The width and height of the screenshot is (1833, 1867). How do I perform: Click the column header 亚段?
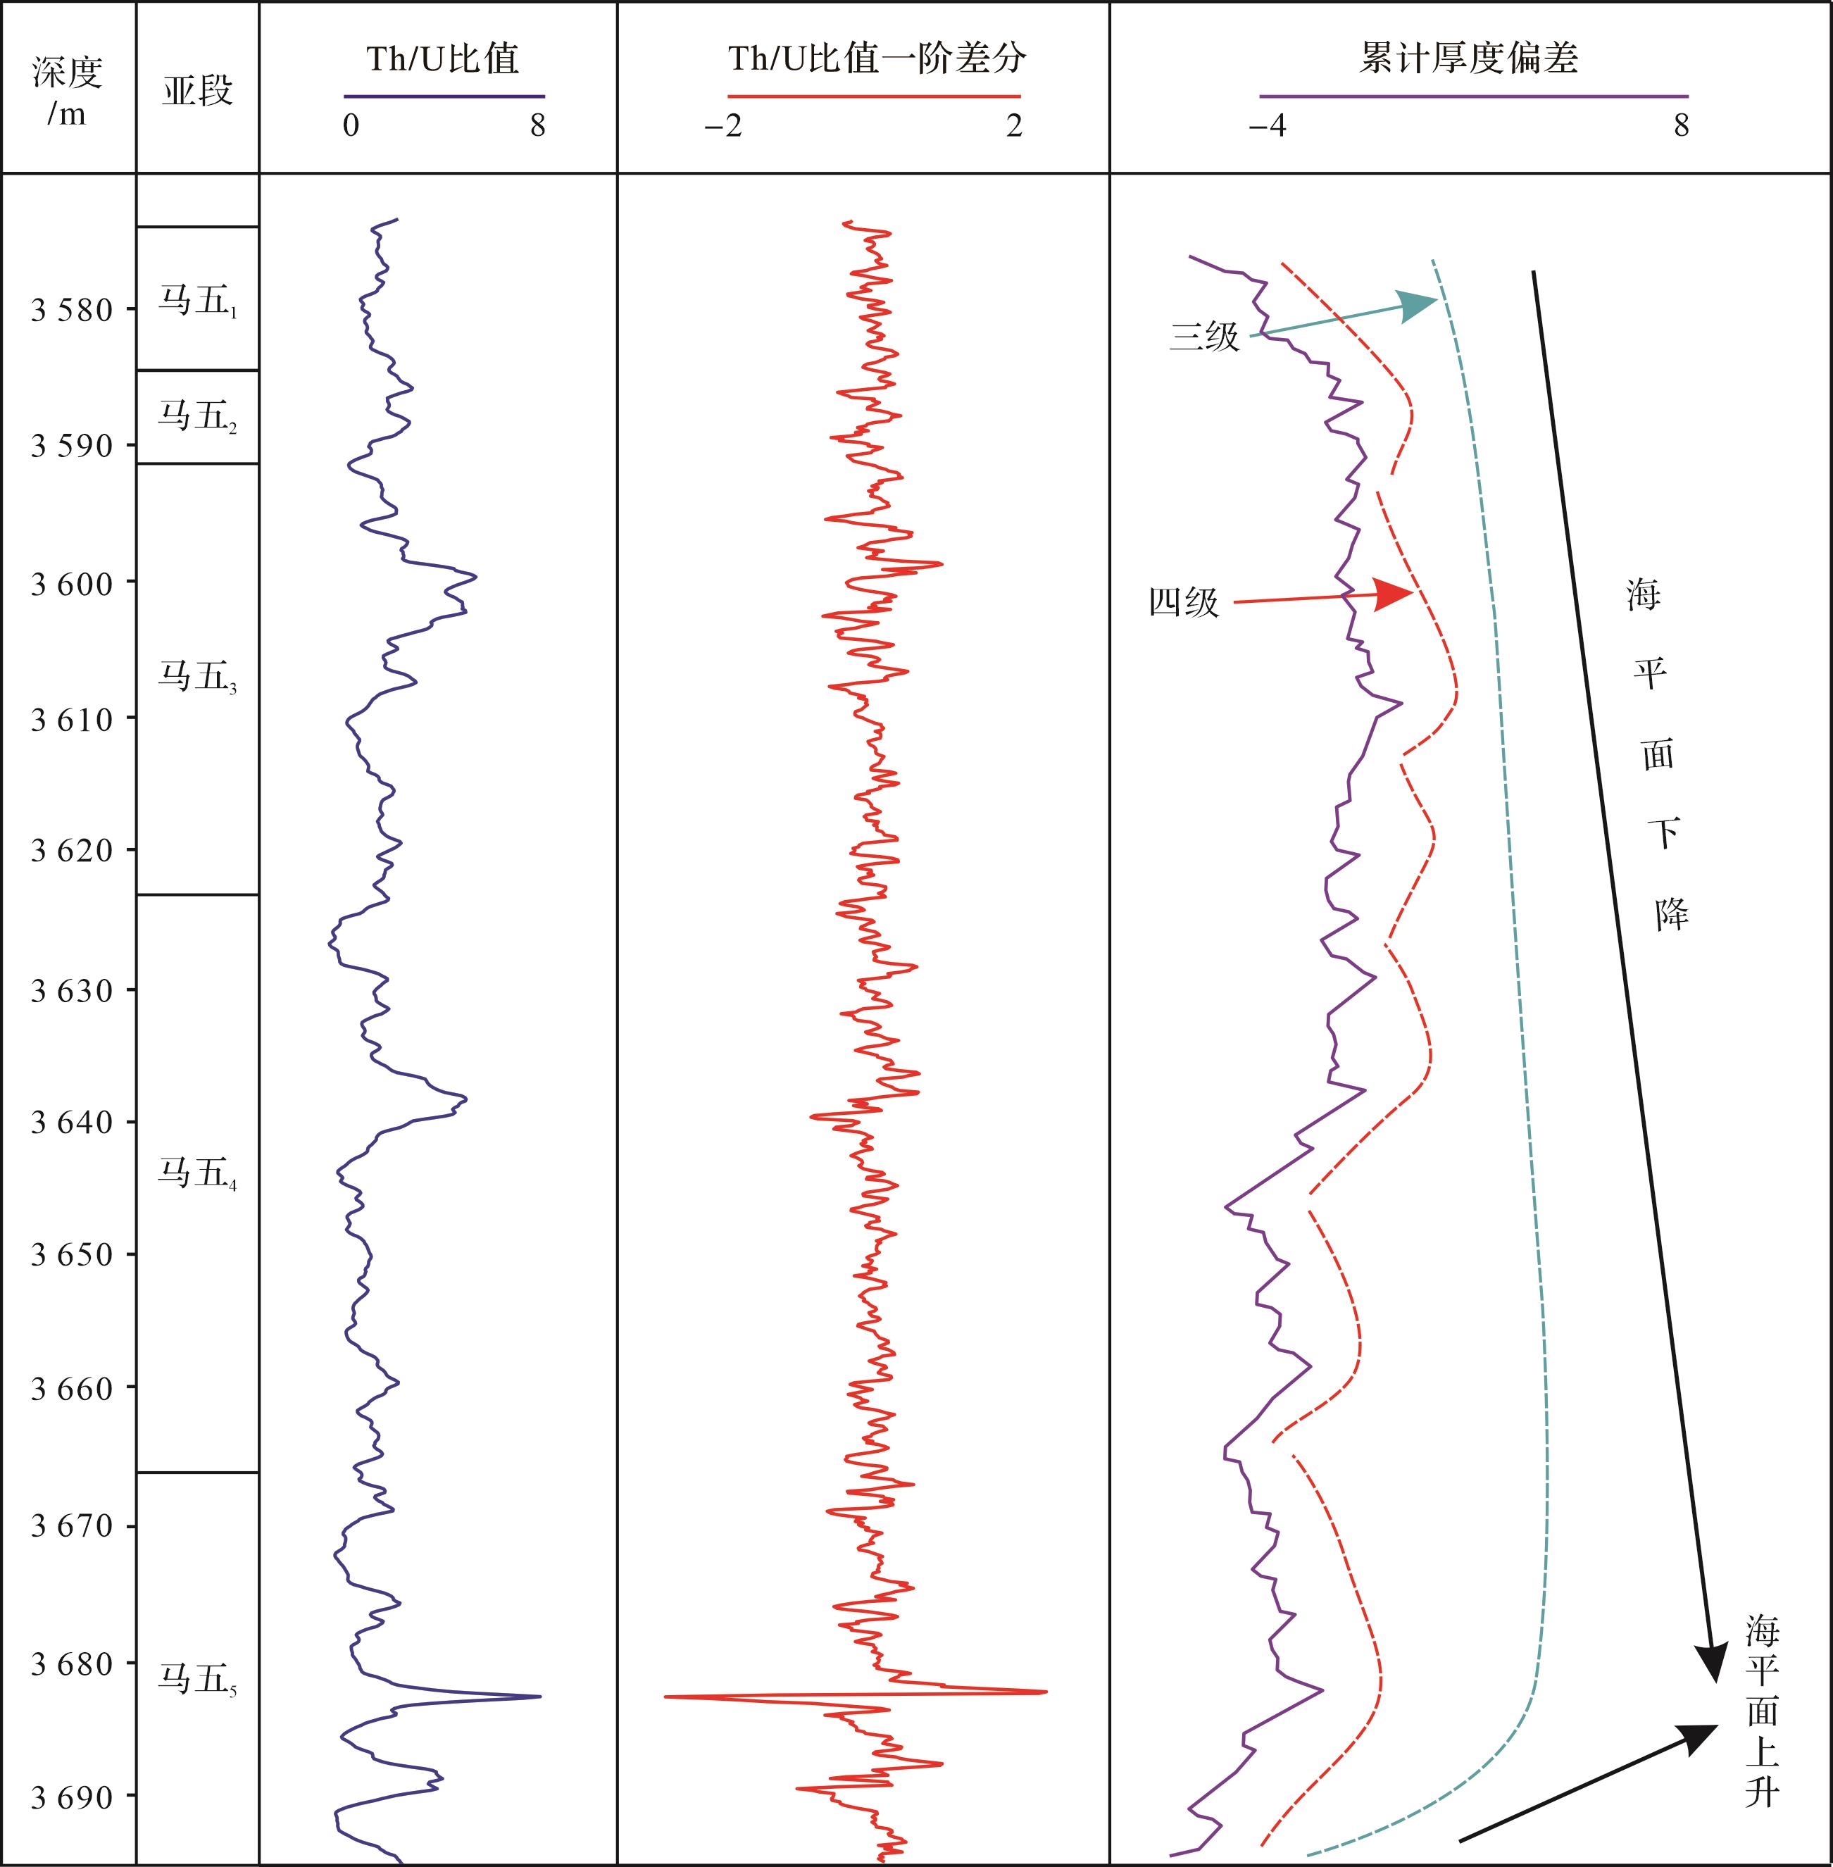click(197, 92)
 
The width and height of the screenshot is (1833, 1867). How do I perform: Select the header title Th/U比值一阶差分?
click(876, 60)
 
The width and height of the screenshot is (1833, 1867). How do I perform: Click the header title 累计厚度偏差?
click(1468, 60)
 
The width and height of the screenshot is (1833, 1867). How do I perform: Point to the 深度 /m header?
click(68, 92)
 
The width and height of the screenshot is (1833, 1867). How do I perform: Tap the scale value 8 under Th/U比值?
click(537, 125)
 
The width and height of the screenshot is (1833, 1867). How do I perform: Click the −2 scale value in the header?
click(723, 125)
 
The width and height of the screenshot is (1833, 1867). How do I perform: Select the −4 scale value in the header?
click(1267, 125)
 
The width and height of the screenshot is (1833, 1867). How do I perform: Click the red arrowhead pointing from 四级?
click(1394, 594)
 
